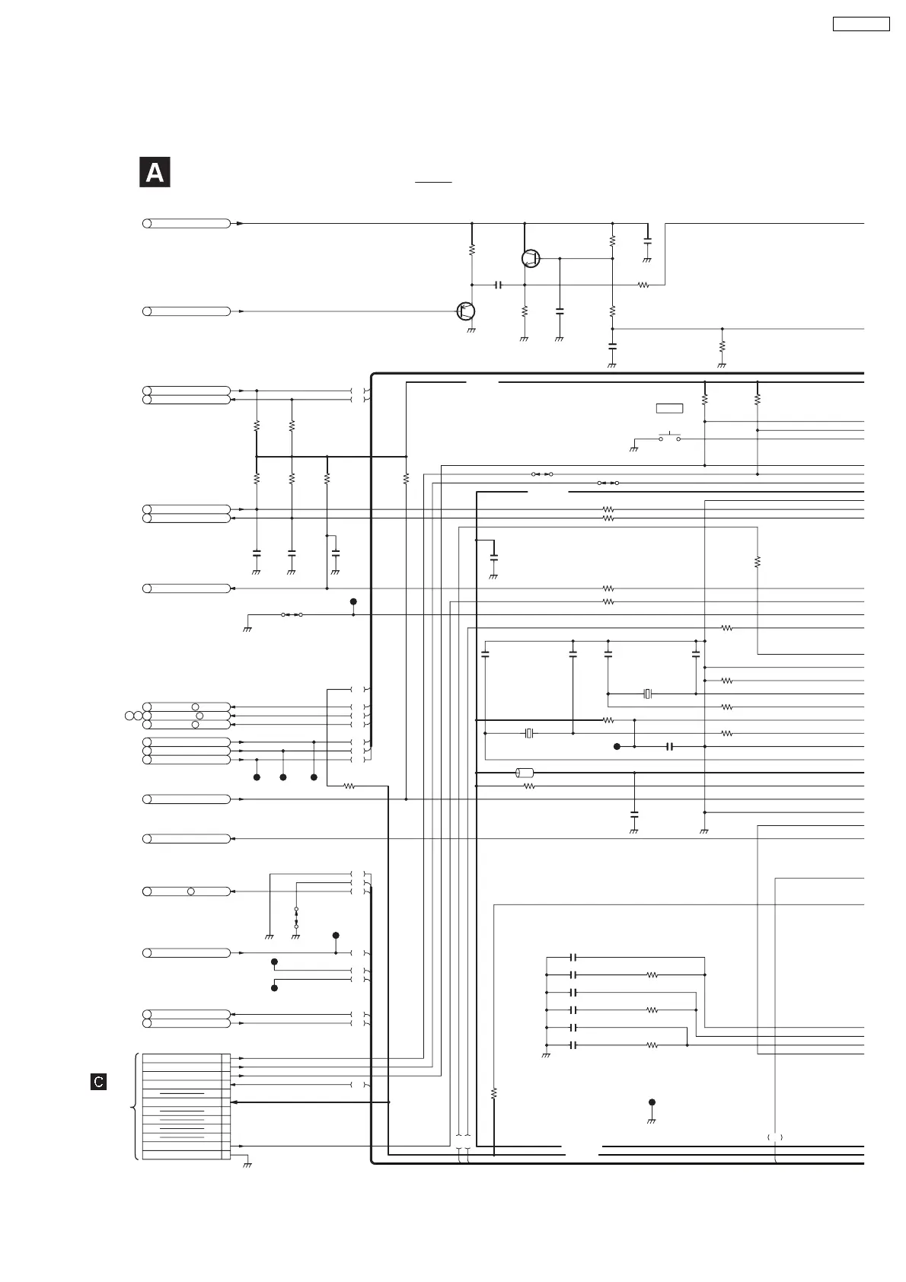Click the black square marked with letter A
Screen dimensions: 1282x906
[x=155, y=173]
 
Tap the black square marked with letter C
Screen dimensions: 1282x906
[x=98, y=1081]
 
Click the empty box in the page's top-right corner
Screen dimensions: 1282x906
[x=860, y=24]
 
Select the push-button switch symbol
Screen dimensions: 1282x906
[x=669, y=438]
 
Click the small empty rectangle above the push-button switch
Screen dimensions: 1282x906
[x=669, y=409]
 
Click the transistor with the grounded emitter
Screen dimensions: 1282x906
[x=466, y=311]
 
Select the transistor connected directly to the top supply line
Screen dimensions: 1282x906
[x=531, y=259]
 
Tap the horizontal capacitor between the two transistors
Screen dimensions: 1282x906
[x=498, y=285]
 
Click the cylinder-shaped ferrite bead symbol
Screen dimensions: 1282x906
[x=525, y=773]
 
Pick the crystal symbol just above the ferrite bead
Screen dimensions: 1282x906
[x=530, y=733]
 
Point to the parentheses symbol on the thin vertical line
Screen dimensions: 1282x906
[x=775, y=1137]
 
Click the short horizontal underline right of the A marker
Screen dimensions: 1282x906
[x=433, y=183]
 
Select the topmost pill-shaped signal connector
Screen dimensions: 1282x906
[x=187, y=223]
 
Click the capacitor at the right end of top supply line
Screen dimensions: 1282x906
[x=647, y=241]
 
